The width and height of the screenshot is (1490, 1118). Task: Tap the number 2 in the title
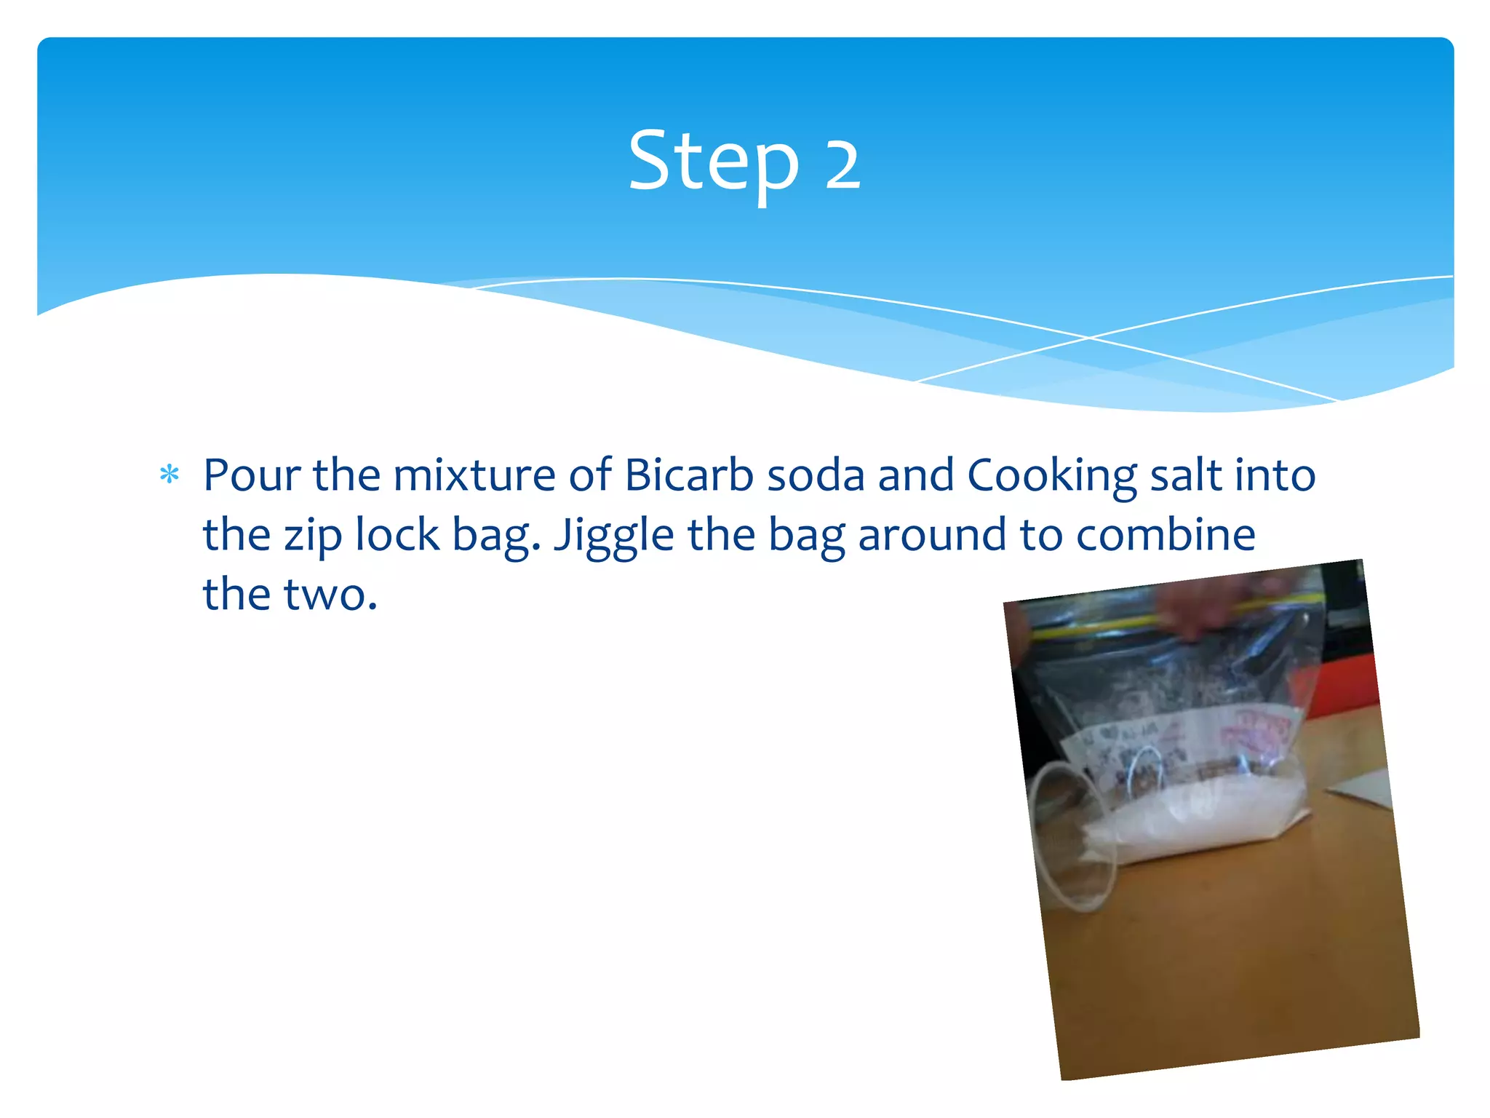point(842,164)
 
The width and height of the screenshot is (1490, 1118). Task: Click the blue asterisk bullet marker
point(170,475)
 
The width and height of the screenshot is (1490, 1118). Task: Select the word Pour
point(251,475)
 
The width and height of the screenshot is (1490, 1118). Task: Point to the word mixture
point(474,475)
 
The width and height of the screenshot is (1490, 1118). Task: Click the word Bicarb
point(688,475)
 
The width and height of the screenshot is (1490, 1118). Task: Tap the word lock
point(397,535)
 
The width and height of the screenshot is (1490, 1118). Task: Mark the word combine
point(1166,535)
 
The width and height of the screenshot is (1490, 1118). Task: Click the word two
point(330,595)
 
